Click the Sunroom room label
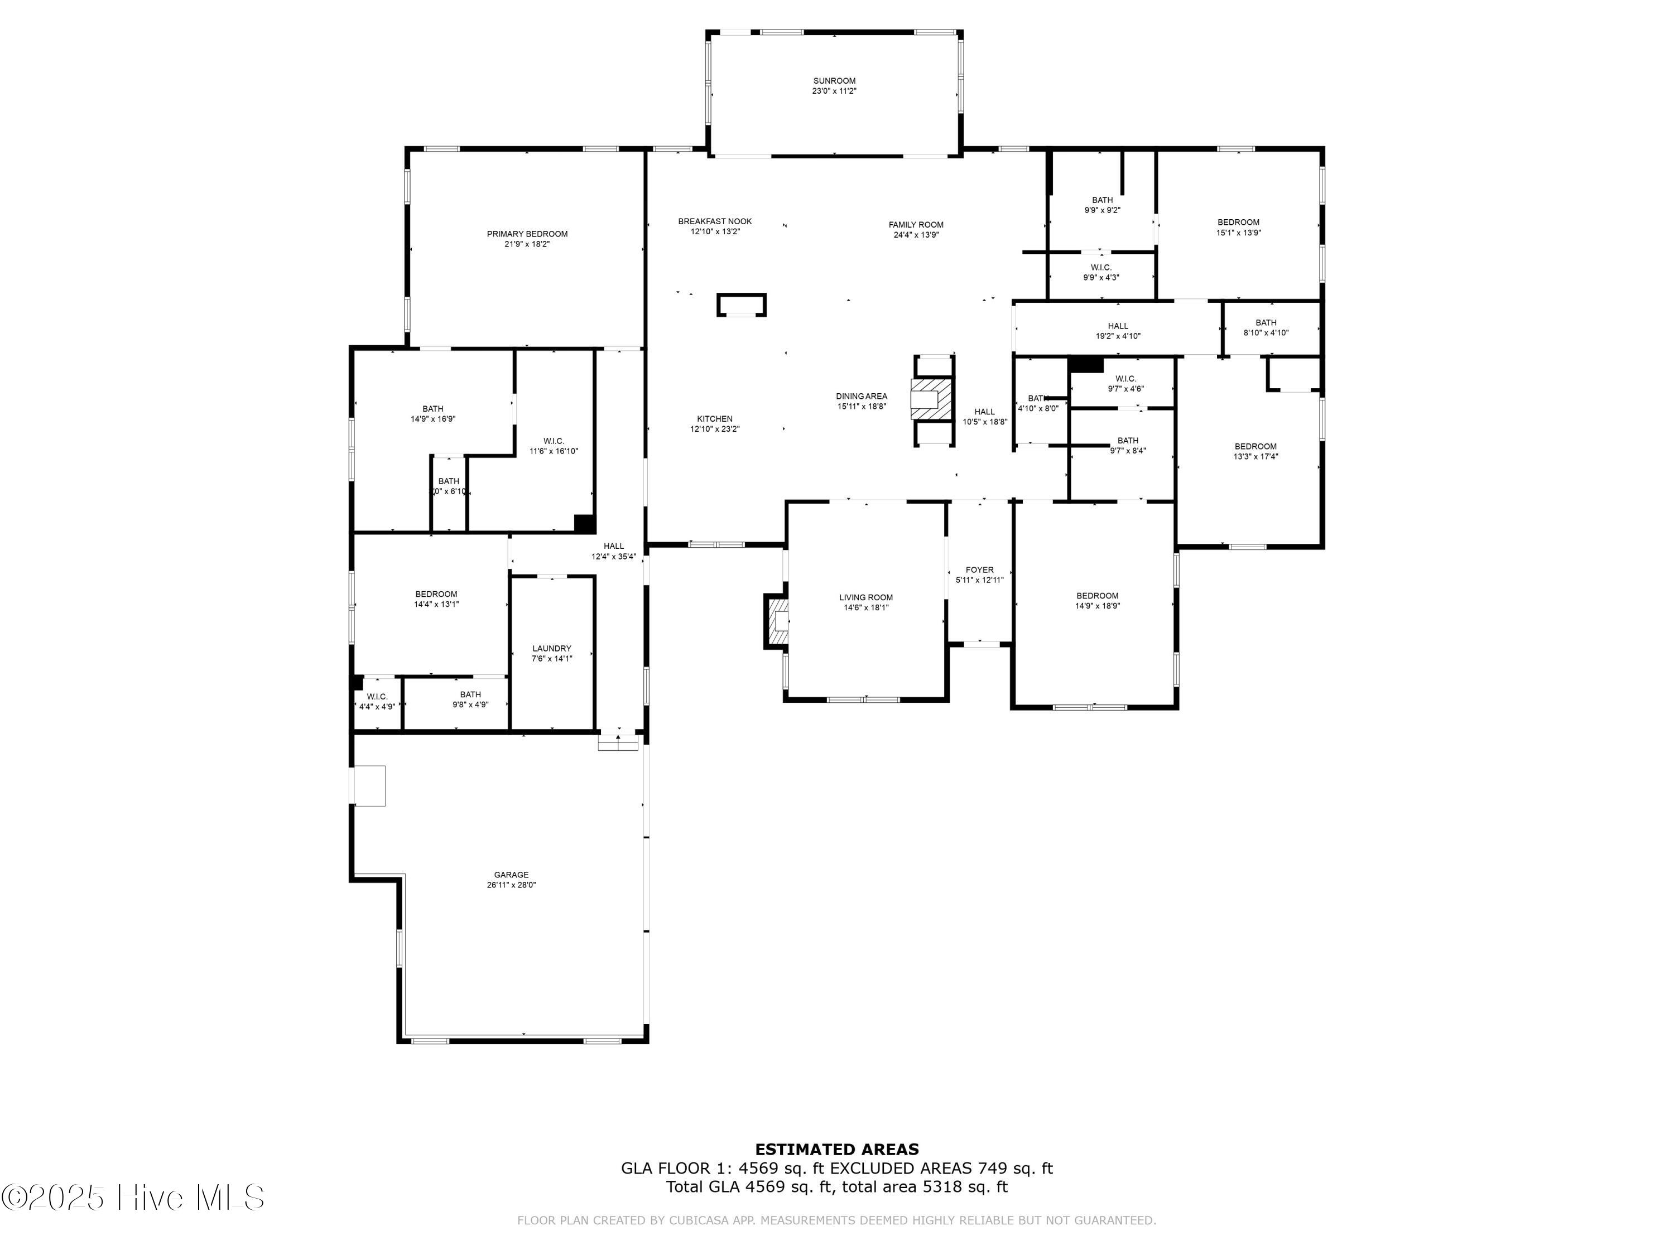pos(834,81)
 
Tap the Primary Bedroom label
pos(527,234)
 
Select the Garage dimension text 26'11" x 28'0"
pos(512,885)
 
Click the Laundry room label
pos(552,648)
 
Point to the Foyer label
pos(979,569)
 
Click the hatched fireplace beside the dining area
pos(931,398)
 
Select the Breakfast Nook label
pos(714,221)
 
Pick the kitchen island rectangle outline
pos(742,305)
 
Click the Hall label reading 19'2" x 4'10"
pos(1118,326)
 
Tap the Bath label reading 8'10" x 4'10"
pos(1266,322)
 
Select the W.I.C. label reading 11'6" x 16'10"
pos(553,441)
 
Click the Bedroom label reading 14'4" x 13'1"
pos(436,594)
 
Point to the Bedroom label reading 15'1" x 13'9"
pos(1238,223)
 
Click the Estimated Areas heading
pos(837,1150)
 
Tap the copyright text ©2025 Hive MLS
pos(132,1198)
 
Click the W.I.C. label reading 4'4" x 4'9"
pos(376,697)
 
